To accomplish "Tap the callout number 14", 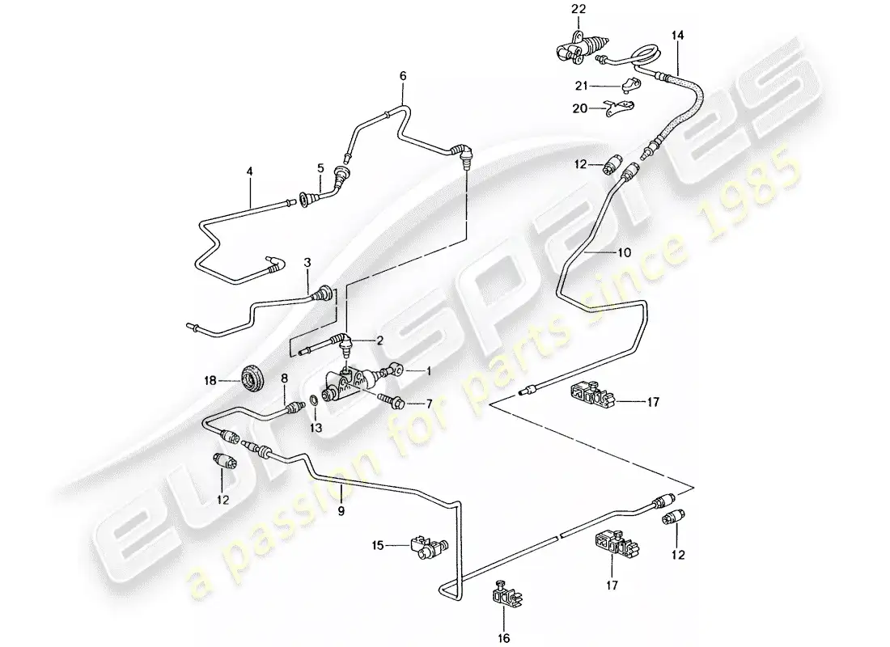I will (677, 36).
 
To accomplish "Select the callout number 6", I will (402, 76).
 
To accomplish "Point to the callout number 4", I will (250, 171).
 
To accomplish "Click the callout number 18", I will (209, 378).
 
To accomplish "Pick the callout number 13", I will (316, 428).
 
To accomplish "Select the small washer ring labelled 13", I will (312, 401).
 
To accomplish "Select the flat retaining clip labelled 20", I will (620, 106).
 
